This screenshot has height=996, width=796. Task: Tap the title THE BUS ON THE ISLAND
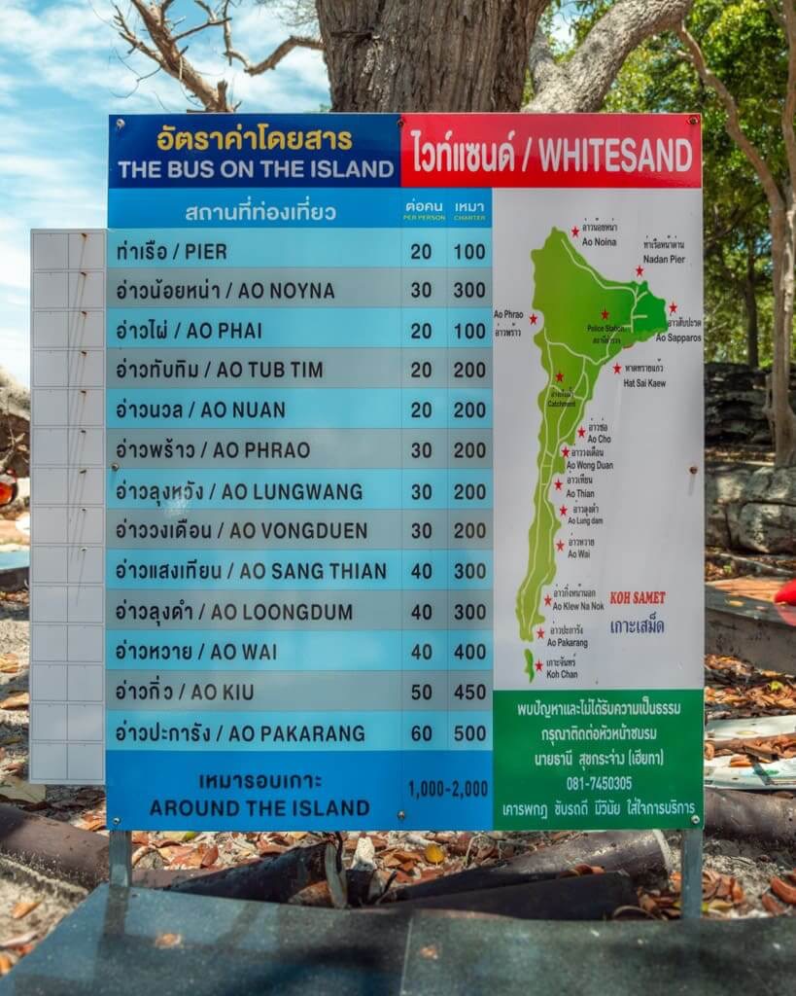click(255, 169)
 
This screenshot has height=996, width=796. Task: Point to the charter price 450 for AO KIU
click(469, 693)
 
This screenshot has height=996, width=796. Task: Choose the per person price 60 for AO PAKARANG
click(421, 733)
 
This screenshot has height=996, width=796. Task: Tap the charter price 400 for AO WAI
click(469, 652)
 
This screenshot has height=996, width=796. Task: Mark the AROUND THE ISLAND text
click(260, 807)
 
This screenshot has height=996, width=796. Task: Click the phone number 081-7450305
click(599, 783)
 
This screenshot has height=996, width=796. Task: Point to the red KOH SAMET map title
click(638, 598)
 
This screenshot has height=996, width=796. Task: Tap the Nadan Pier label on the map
click(664, 260)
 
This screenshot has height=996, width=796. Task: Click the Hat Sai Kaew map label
click(643, 383)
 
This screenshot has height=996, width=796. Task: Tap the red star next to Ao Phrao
click(533, 319)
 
